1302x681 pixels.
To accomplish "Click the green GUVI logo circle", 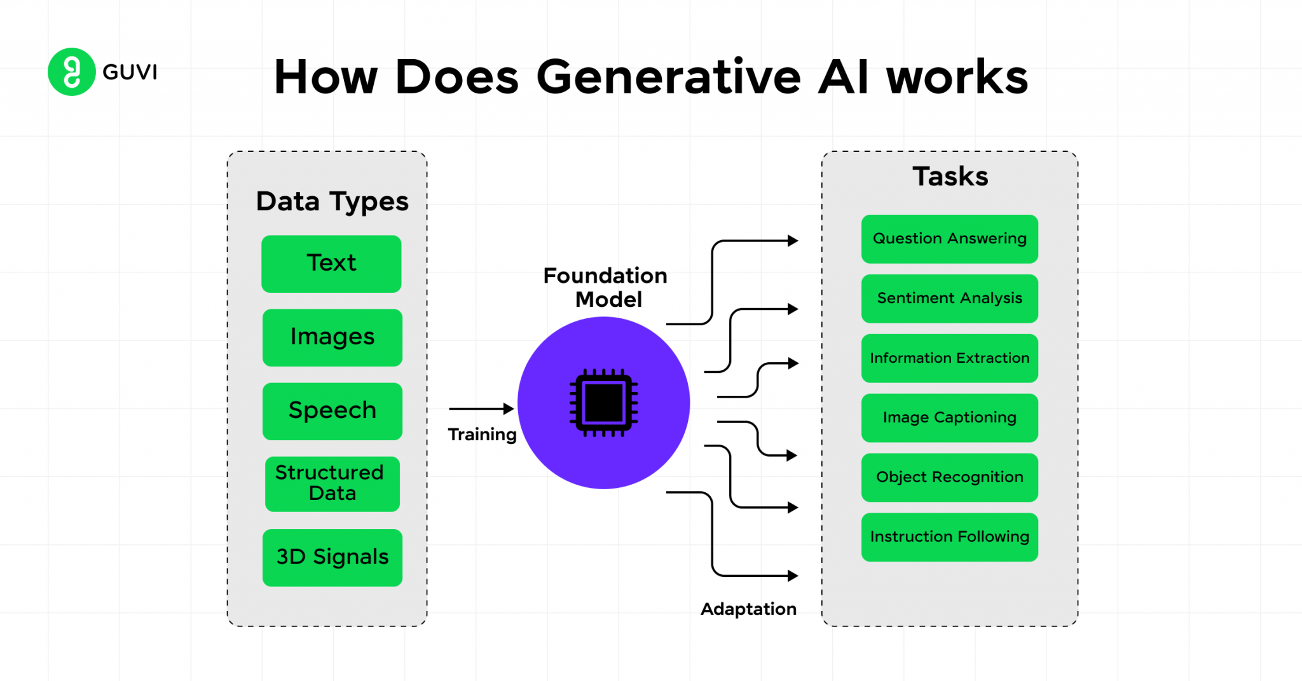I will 71,72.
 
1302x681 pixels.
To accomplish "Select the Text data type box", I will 331,264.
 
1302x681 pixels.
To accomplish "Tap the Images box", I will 332,337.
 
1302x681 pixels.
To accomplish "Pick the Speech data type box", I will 332,411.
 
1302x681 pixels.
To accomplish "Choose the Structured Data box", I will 332,483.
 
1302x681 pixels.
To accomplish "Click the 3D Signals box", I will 332,557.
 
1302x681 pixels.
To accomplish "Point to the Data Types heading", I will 332,201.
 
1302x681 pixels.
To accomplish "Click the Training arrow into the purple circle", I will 481,408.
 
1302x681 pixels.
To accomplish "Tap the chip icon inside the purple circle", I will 603,403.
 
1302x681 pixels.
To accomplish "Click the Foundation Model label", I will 605,287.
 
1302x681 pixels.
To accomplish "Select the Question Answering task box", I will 949,239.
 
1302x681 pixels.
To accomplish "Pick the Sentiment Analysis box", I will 949,299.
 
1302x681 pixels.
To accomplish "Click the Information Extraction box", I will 949,358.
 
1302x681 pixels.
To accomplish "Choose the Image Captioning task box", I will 949,418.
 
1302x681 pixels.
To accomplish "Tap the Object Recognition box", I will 949,477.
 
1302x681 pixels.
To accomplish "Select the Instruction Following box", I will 949,537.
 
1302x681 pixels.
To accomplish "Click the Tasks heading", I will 950,177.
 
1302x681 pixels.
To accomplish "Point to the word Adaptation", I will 748,609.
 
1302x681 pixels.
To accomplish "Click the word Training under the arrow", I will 482,435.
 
